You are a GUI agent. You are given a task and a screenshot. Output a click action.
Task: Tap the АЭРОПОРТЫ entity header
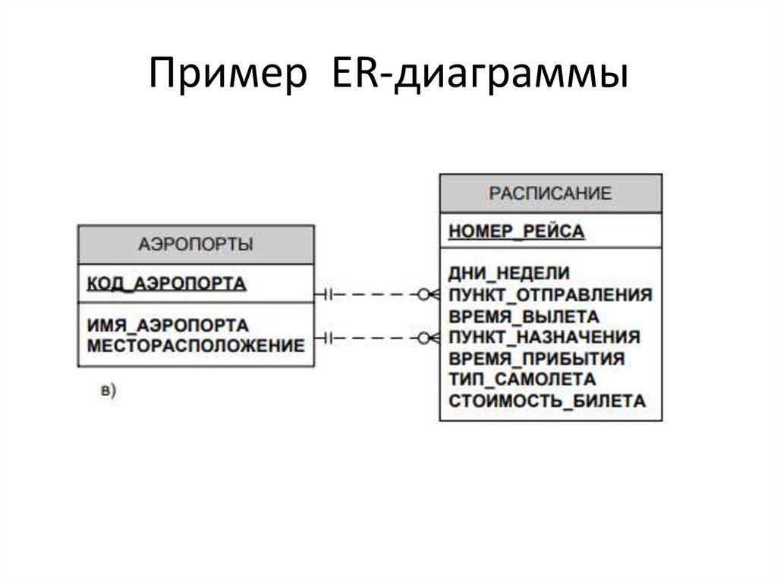click(x=196, y=244)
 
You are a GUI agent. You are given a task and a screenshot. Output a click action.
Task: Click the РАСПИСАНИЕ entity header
click(x=550, y=193)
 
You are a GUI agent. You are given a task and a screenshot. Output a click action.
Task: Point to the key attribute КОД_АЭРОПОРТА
click(x=167, y=284)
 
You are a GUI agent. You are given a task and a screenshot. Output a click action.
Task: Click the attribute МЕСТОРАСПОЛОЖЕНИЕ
click(x=196, y=346)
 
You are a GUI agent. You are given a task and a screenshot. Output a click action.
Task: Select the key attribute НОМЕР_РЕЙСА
click(x=516, y=231)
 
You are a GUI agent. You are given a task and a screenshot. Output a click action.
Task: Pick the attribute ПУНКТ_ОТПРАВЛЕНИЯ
click(x=550, y=294)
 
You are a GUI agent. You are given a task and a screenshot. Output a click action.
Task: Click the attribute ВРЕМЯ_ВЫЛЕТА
click(x=524, y=316)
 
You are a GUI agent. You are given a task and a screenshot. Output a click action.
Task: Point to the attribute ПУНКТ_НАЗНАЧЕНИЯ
click(x=544, y=337)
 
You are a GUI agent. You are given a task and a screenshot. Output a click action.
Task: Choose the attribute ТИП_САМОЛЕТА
click(x=522, y=379)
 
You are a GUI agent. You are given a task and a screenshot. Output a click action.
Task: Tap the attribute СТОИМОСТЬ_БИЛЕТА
click(x=546, y=401)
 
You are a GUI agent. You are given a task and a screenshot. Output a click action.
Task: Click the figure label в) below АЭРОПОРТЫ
click(x=108, y=391)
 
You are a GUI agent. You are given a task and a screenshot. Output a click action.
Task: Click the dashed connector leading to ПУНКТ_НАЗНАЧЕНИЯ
click(x=376, y=337)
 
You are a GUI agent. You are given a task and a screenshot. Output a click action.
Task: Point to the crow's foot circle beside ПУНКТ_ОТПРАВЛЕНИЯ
click(x=423, y=294)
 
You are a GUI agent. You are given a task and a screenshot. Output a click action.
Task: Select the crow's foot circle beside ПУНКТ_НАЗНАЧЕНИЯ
click(x=423, y=337)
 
